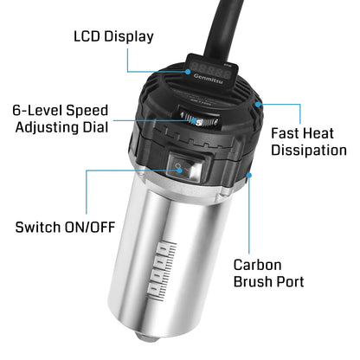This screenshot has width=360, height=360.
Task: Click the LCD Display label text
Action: [113, 37]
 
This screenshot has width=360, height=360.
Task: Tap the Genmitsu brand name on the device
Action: [208, 79]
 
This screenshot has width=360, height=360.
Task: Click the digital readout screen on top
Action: [211, 70]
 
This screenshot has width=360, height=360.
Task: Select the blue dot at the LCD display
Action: [188, 71]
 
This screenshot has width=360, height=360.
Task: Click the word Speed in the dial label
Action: [87, 111]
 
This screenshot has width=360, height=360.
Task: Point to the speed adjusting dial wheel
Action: [199, 119]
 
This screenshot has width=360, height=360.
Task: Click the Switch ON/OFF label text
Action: [65, 227]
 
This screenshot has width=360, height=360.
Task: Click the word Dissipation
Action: [309, 151]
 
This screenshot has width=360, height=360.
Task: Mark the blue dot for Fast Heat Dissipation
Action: [258, 104]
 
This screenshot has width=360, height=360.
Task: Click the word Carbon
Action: [258, 265]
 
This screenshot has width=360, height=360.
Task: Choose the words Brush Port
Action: [269, 281]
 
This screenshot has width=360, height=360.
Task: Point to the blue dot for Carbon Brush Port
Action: [249, 175]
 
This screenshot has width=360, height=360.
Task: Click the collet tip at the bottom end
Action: [145, 337]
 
